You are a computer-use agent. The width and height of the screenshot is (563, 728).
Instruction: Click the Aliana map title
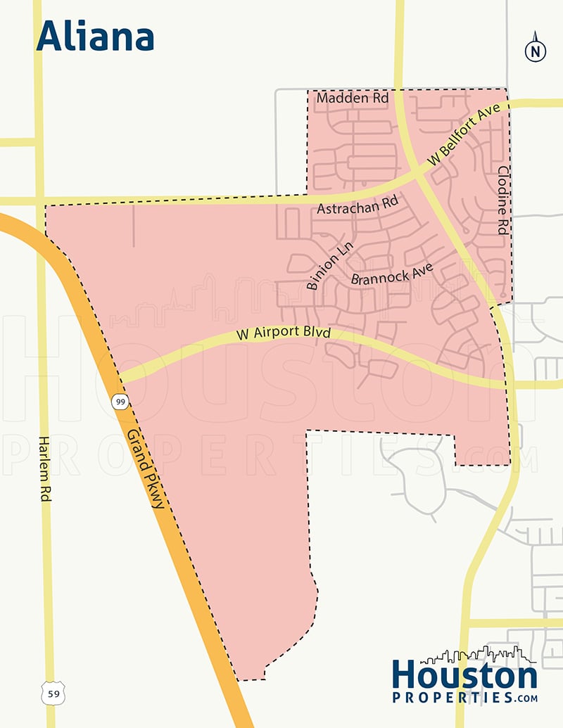pyautogui.click(x=95, y=37)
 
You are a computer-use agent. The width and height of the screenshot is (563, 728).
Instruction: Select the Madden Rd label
pyautogui.click(x=353, y=98)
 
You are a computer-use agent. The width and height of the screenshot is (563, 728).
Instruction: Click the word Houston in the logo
pyautogui.click(x=464, y=676)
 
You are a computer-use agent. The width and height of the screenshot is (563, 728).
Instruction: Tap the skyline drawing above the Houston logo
pyautogui.click(x=486, y=655)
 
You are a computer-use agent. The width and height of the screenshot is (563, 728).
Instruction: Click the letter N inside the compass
pyautogui.click(x=536, y=51)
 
